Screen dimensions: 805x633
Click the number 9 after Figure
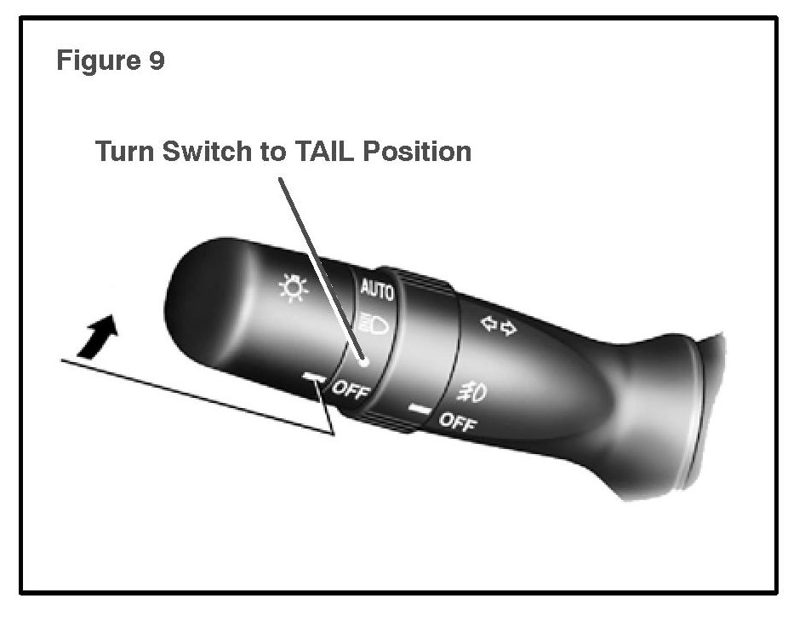point(156,61)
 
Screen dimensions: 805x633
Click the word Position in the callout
point(417,152)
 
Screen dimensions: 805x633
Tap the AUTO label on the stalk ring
point(376,290)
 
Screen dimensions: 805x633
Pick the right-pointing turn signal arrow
point(508,327)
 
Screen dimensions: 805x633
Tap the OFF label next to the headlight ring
point(350,392)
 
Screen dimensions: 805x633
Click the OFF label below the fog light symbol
point(457,421)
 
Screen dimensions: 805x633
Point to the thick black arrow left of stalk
point(99,334)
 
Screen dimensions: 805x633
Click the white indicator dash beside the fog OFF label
point(419,409)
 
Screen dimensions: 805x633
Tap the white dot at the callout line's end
point(364,361)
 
